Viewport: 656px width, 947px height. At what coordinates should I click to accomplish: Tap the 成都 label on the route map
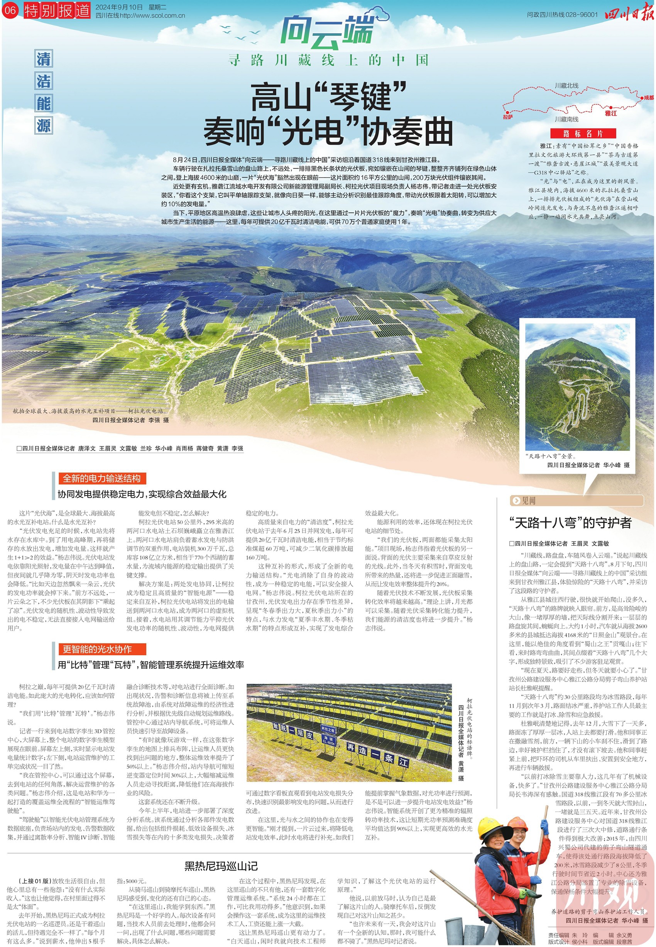pos(648,98)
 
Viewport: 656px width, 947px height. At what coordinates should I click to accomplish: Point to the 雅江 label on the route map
pos(610,113)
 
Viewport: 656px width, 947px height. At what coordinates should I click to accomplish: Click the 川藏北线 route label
pos(566,86)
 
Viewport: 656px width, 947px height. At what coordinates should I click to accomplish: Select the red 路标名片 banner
pos(583,133)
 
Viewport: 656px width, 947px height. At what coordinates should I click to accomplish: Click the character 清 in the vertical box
pos(44,59)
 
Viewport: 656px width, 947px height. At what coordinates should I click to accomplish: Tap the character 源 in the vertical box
pos(44,125)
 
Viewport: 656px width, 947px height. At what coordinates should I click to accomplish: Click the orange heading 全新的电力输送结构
pos(101,479)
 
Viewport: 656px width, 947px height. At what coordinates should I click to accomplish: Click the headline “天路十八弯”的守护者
pos(570,523)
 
